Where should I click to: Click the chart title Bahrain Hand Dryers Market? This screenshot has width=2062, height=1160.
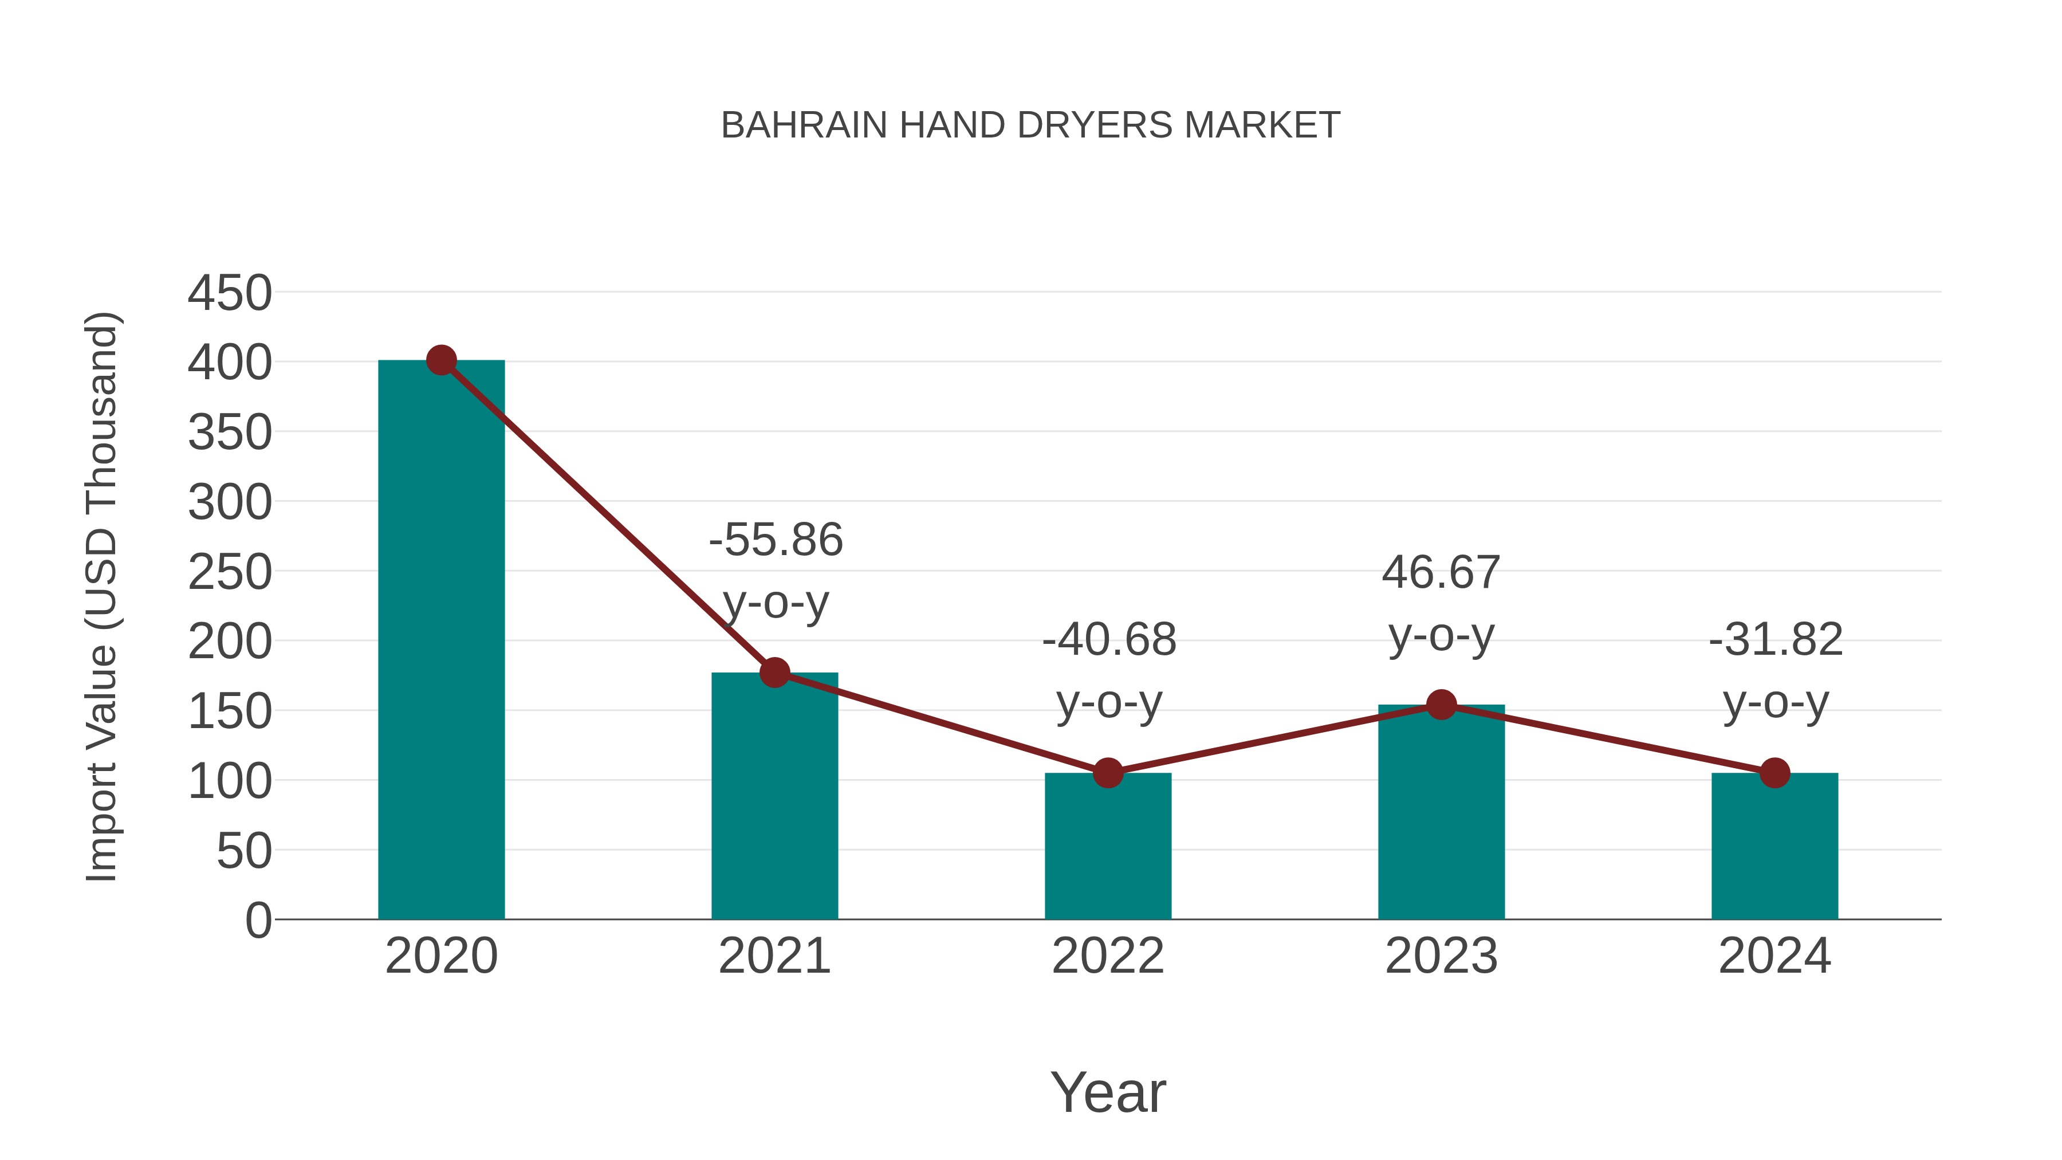[x=1030, y=125]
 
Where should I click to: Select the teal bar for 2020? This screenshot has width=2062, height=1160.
[x=441, y=640]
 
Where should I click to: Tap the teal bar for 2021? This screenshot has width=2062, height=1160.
[x=774, y=797]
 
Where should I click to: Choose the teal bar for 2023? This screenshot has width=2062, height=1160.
[x=1441, y=812]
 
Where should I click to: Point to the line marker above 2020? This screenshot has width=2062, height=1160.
[x=441, y=360]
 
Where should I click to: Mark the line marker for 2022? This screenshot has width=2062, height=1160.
[x=1108, y=773]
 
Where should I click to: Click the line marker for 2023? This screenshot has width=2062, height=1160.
[x=1441, y=705]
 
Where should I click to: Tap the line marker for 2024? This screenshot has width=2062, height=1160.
[x=1774, y=773]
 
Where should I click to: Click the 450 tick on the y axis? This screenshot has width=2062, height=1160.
[x=230, y=293]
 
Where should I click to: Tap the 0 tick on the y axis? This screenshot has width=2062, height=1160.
[x=258, y=920]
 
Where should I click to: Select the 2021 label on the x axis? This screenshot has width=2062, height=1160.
[x=774, y=956]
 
